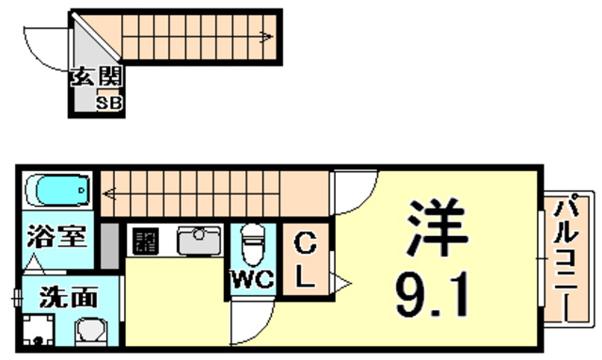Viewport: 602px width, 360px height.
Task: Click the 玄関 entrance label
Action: pos(96,76)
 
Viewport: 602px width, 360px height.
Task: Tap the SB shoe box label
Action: pos(109,102)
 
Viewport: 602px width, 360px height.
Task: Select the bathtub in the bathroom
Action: pos(58,190)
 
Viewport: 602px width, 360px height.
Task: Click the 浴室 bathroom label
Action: pos(56,236)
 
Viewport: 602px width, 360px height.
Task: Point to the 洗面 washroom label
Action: pos(69,297)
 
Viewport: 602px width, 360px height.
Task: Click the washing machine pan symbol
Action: pos(38,329)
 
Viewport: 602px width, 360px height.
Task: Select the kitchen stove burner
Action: pos(146,241)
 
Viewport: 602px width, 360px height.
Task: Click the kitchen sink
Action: pos(199,241)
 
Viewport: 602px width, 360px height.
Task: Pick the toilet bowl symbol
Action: pos(253,245)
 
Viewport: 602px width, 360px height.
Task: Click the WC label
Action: pos(253,279)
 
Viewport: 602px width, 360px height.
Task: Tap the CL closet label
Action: pos(305,260)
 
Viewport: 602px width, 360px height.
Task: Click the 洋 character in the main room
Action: pos(436,228)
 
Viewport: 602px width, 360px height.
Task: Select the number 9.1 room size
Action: pos(433,294)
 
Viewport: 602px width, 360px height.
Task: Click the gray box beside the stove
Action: pos(110,245)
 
